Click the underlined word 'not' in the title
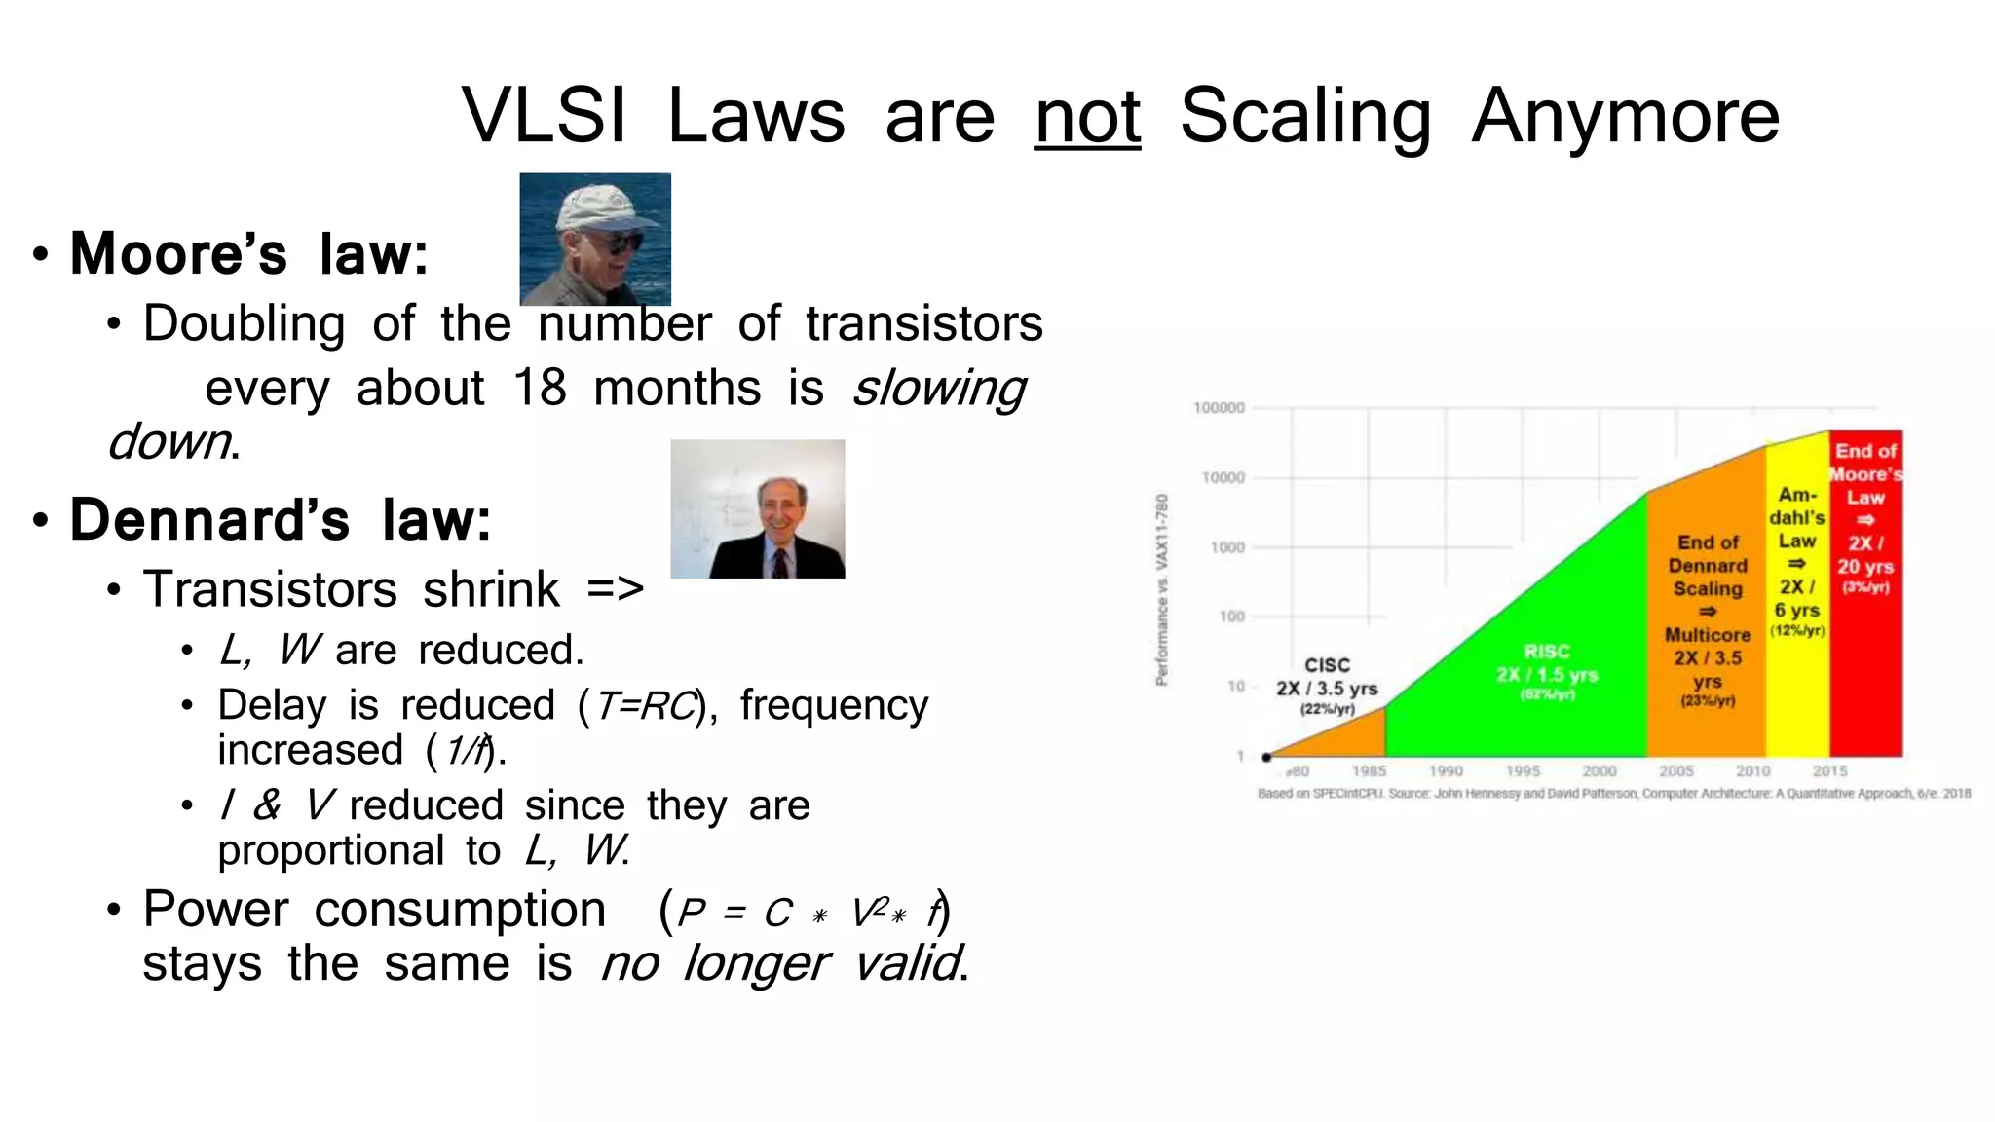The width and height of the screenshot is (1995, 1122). pyautogui.click(x=1087, y=117)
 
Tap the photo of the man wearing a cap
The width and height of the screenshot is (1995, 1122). pyautogui.click(x=595, y=240)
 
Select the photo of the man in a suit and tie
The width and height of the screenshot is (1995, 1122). pyautogui.click(x=758, y=509)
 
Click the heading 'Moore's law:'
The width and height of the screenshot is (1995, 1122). pyautogui.click(x=248, y=254)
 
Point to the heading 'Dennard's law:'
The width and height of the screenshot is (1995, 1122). pyautogui.click(x=280, y=520)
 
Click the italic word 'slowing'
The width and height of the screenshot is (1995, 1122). pyautogui.click(x=939, y=389)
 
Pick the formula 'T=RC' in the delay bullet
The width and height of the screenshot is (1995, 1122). pyautogui.click(x=646, y=706)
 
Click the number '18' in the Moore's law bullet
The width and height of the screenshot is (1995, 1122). pyautogui.click(x=540, y=389)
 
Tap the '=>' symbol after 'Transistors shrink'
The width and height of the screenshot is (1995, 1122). pyautogui.click(x=615, y=589)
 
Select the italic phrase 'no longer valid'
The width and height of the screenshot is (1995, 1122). pyautogui.click(x=782, y=964)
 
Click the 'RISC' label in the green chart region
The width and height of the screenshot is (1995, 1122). pyautogui.click(x=1547, y=652)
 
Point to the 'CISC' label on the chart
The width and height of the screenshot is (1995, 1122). pyautogui.click(x=1327, y=665)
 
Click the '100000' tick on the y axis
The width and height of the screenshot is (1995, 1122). pyautogui.click(x=1219, y=408)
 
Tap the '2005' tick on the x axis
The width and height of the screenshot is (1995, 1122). pyautogui.click(x=1676, y=770)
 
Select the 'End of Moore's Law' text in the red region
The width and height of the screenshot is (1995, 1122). pyautogui.click(x=1865, y=474)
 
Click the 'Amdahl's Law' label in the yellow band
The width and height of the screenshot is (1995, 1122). pyautogui.click(x=1797, y=517)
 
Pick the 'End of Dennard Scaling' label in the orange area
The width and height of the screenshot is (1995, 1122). pyautogui.click(x=1708, y=566)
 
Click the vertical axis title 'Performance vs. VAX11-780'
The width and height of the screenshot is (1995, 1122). pyautogui.click(x=1161, y=589)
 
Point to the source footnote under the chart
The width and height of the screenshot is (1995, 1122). pyautogui.click(x=1613, y=794)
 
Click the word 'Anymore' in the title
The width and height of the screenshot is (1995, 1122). pyautogui.click(x=1625, y=117)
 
